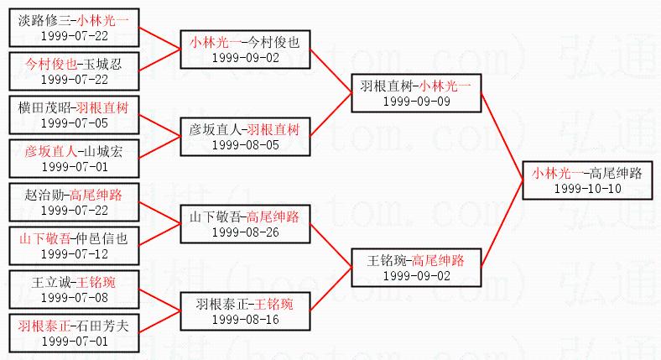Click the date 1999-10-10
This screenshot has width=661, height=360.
[x=586, y=188]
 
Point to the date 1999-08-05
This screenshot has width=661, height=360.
[x=245, y=144]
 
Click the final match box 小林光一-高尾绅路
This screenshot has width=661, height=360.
[x=586, y=180]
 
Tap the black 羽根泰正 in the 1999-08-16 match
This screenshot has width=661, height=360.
[x=221, y=303]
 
